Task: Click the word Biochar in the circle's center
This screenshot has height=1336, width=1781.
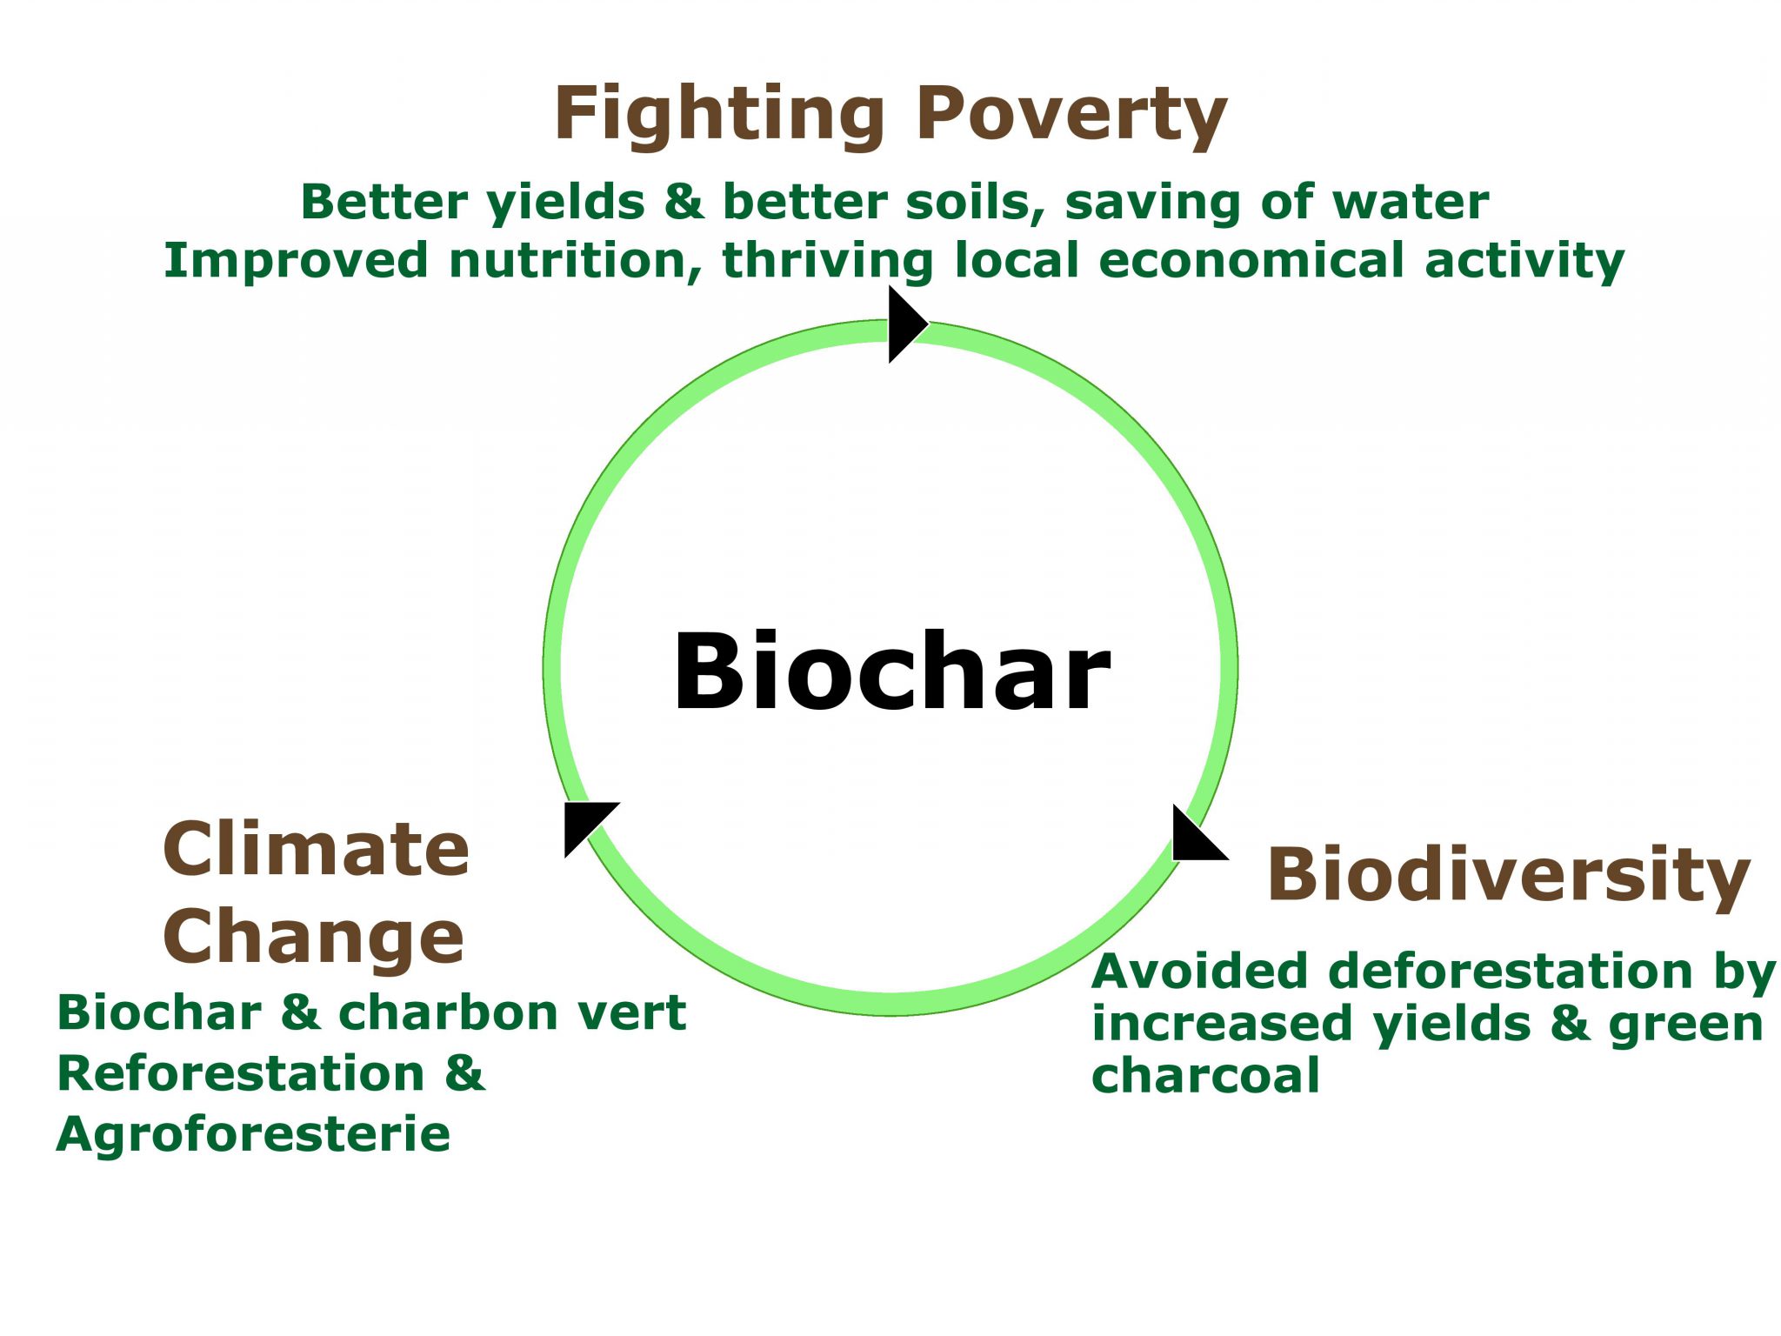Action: click(x=891, y=672)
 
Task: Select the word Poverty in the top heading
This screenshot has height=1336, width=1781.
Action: click(x=1071, y=115)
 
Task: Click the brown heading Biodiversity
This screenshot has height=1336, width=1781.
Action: click(x=1508, y=875)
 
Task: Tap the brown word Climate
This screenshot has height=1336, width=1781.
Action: click(x=317, y=849)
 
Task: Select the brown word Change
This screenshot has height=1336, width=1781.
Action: click(x=314, y=938)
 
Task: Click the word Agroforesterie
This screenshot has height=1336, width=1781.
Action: click(x=253, y=1135)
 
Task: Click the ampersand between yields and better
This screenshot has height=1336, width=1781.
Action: click(x=684, y=203)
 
